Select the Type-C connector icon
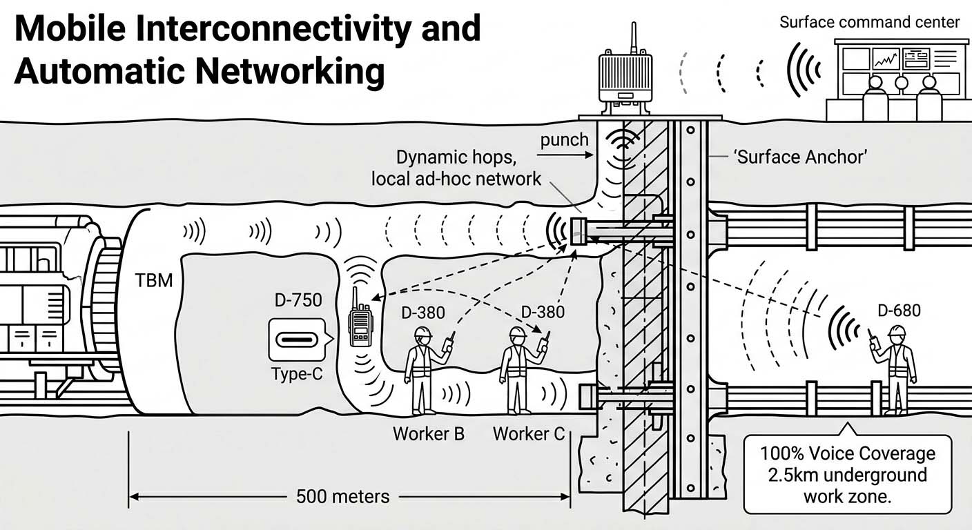click(x=296, y=340)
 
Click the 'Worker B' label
click(x=428, y=434)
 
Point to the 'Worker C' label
click(x=528, y=434)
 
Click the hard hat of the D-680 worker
click(x=897, y=332)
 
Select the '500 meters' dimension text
click(x=342, y=496)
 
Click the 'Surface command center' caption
click(x=869, y=22)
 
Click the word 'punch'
click(x=564, y=140)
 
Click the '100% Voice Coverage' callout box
click(x=848, y=475)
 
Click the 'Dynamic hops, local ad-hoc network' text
click(x=456, y=168)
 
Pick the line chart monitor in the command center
click(x=885, y=59)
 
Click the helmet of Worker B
click(x=422, y=332)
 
